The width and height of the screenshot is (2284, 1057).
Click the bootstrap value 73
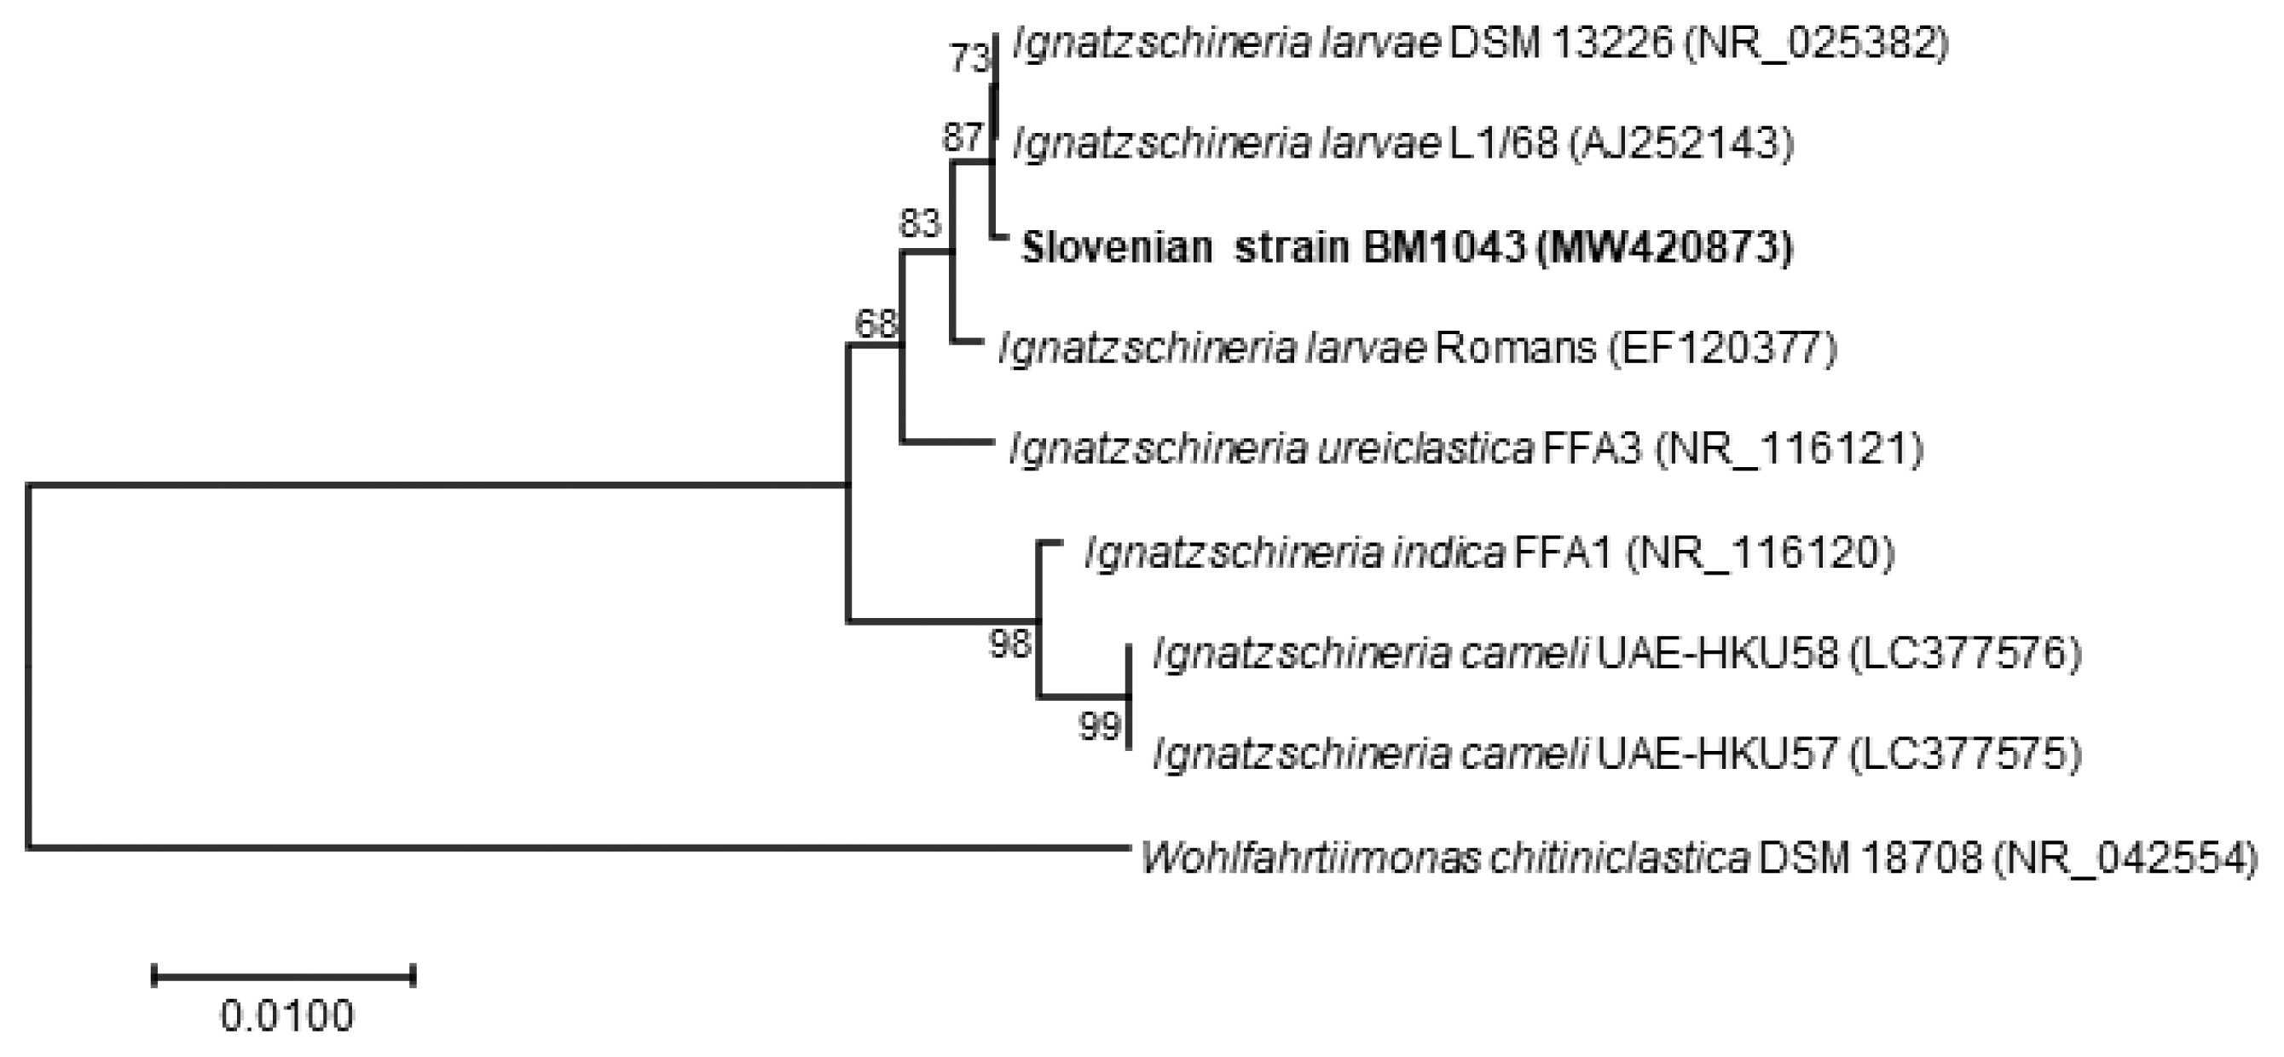(969, 60)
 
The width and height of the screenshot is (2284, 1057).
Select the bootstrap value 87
(962, 137)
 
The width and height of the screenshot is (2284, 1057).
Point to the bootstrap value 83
(919, 223)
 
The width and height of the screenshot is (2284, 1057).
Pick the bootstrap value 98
(1011, 644)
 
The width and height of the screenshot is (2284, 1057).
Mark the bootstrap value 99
(1100, 727)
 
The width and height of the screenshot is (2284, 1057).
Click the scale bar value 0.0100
(286, 1016)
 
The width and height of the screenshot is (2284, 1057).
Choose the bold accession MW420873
(1664, 247)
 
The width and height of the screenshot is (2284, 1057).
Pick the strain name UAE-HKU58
(1717, 654)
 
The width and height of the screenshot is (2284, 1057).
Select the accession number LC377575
(1965, 754)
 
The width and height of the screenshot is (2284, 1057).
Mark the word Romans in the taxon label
(1515, 348)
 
